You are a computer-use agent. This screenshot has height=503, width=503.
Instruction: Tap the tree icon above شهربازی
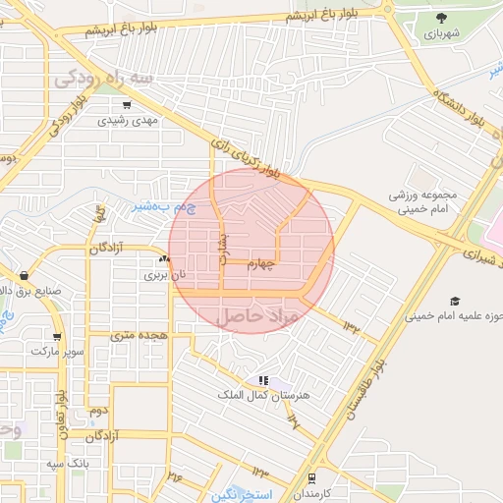click(x=440, y=18)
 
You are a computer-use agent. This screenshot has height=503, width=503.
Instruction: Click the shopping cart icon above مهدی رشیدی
click(x=127, y=104)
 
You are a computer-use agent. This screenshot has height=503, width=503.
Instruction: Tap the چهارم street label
click(x=263, y=263)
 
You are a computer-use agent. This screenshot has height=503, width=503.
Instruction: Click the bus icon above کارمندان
click(x=312, y=478)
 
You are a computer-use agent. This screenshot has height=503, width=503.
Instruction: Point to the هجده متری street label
click(x=136, y=335)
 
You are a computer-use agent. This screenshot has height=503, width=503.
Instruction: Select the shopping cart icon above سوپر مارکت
click(x=57, y=336)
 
